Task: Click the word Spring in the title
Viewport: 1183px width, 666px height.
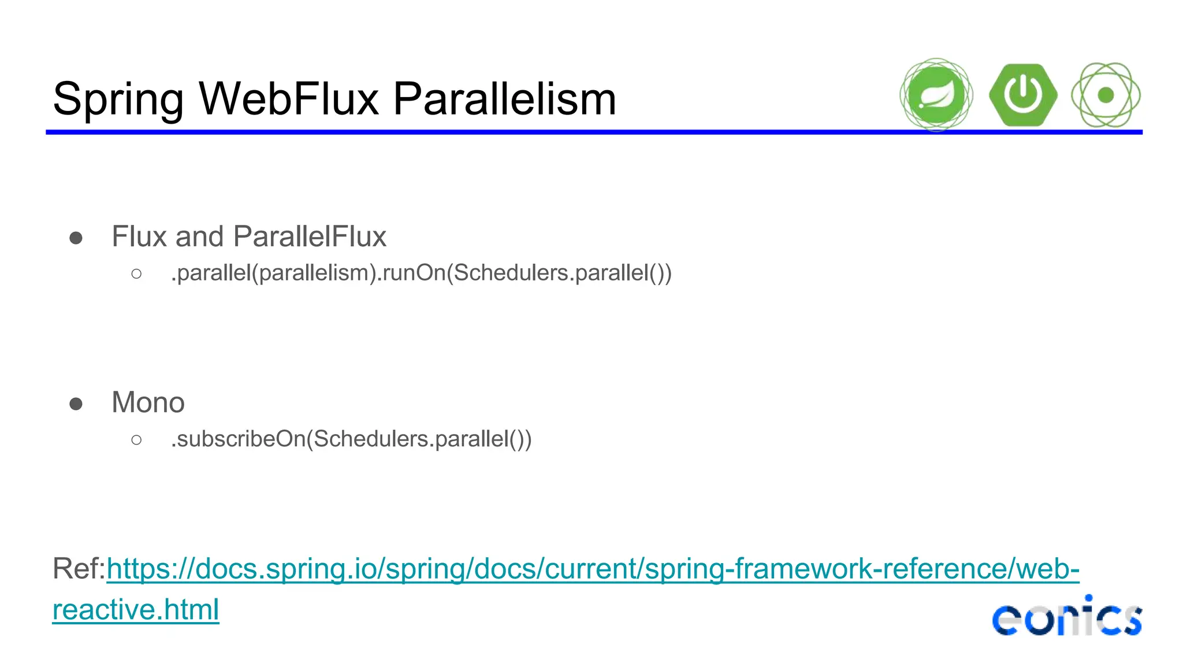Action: click(x=118, y=99)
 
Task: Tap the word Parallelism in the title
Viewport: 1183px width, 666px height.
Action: click(x=504, y=99)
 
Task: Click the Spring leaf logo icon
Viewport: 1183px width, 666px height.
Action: click(x=936, y=95)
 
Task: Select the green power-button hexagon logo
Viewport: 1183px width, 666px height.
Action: click(x=1023, y=95)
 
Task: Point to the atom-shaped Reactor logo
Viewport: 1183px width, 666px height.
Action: click(x=1106, y=95)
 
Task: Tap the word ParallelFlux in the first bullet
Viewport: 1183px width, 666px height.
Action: click(x=310, y=236)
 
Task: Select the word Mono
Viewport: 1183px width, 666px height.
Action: click(x=148, y=402)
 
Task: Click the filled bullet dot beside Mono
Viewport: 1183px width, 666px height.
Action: click(x=76, y=404)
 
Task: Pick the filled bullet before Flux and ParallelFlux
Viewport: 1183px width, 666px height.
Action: click(x=76, y=238)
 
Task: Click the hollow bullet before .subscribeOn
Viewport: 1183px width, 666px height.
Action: click(x=136, y=440)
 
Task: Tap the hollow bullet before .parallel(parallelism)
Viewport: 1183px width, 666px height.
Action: click(x=136, y=273)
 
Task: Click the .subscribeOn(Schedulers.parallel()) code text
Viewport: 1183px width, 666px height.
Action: click(x=351, y=439)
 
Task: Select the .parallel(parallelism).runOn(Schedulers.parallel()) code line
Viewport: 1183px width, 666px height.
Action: click(x=421, y=273)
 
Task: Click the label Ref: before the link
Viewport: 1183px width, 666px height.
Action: click(x=79, y=568)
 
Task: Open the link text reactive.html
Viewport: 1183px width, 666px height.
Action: click(x=136, y=609)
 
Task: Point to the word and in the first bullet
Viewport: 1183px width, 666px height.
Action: click(x=199, y=236)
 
